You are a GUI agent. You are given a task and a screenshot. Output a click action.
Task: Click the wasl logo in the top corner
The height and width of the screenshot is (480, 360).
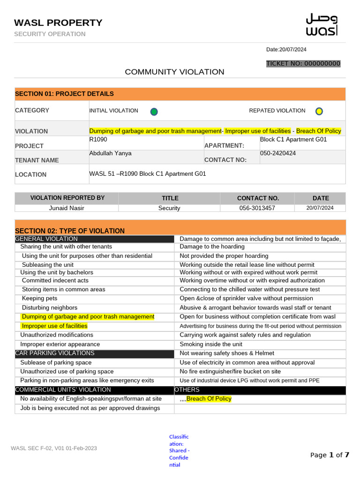(321, 25)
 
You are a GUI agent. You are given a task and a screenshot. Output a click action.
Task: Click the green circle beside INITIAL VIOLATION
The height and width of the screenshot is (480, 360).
(154, 112)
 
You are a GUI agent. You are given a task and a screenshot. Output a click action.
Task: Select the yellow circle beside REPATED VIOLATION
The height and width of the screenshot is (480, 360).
(319, 112)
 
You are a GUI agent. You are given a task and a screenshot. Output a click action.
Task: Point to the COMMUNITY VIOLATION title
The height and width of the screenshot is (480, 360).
(174, 72)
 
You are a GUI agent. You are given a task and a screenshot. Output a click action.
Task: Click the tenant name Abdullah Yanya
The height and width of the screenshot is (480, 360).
(110, 153)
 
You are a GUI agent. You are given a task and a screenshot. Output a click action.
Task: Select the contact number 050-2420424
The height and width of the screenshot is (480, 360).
(278, 153)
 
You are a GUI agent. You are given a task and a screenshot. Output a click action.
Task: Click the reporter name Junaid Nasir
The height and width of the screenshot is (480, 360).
(67, 208)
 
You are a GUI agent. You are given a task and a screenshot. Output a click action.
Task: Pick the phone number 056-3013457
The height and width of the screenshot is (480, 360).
(257, 208)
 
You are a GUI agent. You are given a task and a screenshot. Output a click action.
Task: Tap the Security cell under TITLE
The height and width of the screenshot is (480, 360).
(169, 208)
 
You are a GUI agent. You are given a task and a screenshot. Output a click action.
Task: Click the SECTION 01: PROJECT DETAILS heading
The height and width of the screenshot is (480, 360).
(64, 94)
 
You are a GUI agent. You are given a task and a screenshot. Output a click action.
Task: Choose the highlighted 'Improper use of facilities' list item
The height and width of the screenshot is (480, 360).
(54, 326)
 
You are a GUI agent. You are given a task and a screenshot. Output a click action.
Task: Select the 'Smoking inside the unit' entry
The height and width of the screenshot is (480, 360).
(211, 344)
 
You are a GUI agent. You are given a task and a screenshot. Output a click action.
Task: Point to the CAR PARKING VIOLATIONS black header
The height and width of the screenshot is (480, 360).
(55, 353)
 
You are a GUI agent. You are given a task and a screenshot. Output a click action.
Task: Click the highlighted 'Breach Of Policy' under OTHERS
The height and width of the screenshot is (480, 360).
(209, 399)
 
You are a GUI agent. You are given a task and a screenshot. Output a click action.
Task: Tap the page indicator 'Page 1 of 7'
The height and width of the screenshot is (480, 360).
(330, 455)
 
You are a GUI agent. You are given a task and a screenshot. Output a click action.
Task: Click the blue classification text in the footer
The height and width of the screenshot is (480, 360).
(179, 450)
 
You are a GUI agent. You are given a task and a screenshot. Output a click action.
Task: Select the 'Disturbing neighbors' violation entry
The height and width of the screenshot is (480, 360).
(49, 307)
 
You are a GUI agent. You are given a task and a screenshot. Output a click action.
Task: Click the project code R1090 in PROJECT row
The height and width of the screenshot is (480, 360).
(98, 140)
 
